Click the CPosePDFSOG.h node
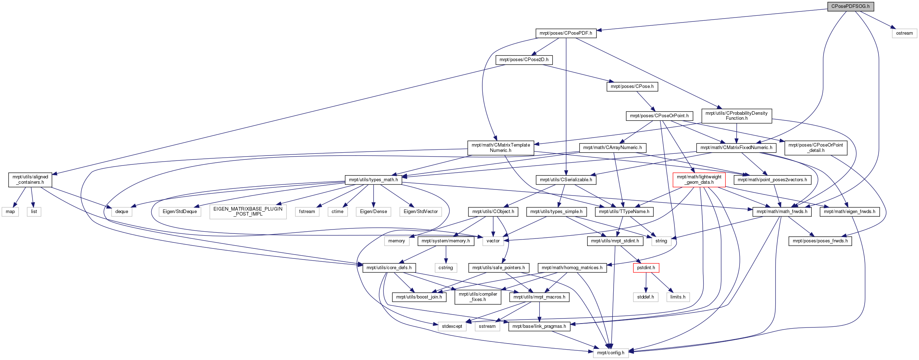850,6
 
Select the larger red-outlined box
699,180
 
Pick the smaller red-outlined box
646,268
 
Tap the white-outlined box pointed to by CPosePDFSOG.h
904,34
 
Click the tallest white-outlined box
248,212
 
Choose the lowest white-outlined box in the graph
611,353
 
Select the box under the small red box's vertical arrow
645,297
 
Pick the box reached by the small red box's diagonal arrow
678,297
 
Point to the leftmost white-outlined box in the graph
10,212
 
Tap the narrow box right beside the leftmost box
34,212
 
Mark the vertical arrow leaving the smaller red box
646,282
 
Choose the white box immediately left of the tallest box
180,212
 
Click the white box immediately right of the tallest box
307,212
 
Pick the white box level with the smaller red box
446,268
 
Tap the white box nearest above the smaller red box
661,241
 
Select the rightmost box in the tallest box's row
421,212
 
